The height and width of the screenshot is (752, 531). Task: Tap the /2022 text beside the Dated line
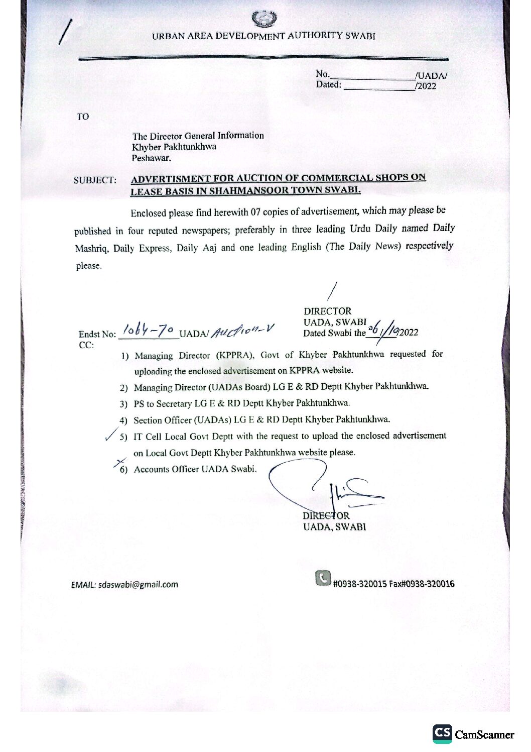pyautogui.click(x=426, y=86)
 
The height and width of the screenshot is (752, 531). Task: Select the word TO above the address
pyautogui.click(x=83, y=117)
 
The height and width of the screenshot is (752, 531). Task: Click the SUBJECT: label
pyautogui.click(x=95, y=180)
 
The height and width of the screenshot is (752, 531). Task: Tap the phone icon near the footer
pyautogui.click(x=323, y=578)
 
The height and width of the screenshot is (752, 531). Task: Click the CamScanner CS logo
pyautogui.click(x=442, y=733)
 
